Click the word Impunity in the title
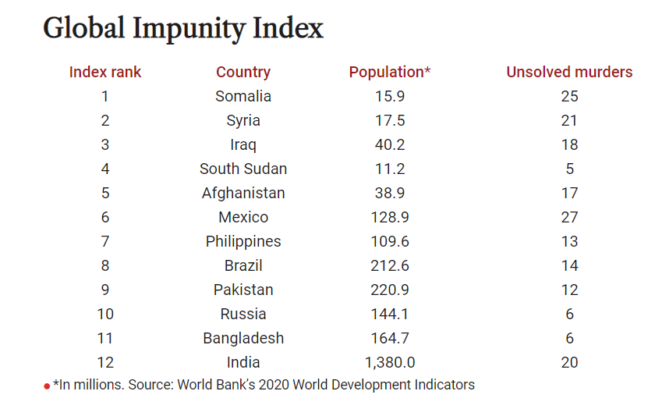coord(190,29)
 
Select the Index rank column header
coord(105,72)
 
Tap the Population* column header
coord(390,72)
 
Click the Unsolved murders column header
coord(569,72)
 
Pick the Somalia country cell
coord(243,96)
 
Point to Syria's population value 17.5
coord(390,120)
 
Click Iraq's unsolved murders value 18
coord(569,144)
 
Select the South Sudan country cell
coord(243,169)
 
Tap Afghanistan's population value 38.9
coord(390,193)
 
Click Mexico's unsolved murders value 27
coord(569,217)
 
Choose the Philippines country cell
coord(243,241)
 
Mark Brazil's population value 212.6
coord(390,265)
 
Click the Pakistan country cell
coord(243,290)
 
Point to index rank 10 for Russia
coord(105,314)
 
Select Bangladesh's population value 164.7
coord(390,338)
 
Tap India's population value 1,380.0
coord(390,362)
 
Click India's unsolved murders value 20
coord(569,362)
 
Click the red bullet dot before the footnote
coord(47,386)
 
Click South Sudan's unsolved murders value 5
coord(569,169)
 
